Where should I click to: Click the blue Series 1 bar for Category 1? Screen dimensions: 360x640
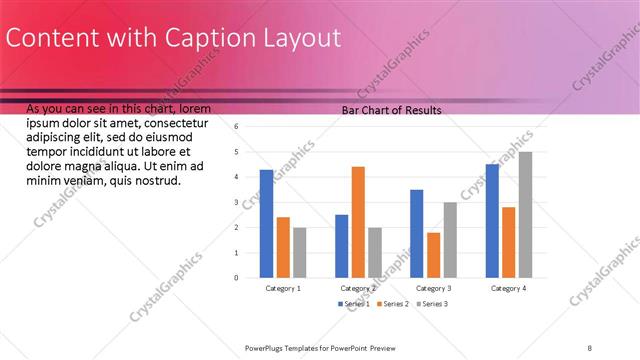coord(266,223)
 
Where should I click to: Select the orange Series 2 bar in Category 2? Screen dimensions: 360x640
coord(358,222)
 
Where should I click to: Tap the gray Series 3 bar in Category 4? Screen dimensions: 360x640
coord(525,215)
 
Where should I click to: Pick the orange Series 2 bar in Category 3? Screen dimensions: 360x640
coord(434,255)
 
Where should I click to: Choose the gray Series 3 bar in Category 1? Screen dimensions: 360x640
coord(299,252)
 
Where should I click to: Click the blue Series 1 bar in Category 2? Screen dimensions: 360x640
coord(342,246)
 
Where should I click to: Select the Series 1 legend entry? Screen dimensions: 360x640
coord(354,303)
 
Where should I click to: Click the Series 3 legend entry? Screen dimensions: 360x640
coord(432,303)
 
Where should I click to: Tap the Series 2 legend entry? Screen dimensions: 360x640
coord(393,303)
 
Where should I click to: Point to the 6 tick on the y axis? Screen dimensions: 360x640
coord(237,127)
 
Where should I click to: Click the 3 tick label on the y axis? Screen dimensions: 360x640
coord(237,203)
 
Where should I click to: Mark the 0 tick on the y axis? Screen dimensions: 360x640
coord(237,278)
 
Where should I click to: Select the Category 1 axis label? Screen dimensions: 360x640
coord(283,288)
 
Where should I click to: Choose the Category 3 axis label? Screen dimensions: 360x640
coord(433,288)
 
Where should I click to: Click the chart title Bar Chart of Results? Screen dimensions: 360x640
coord(392,110)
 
